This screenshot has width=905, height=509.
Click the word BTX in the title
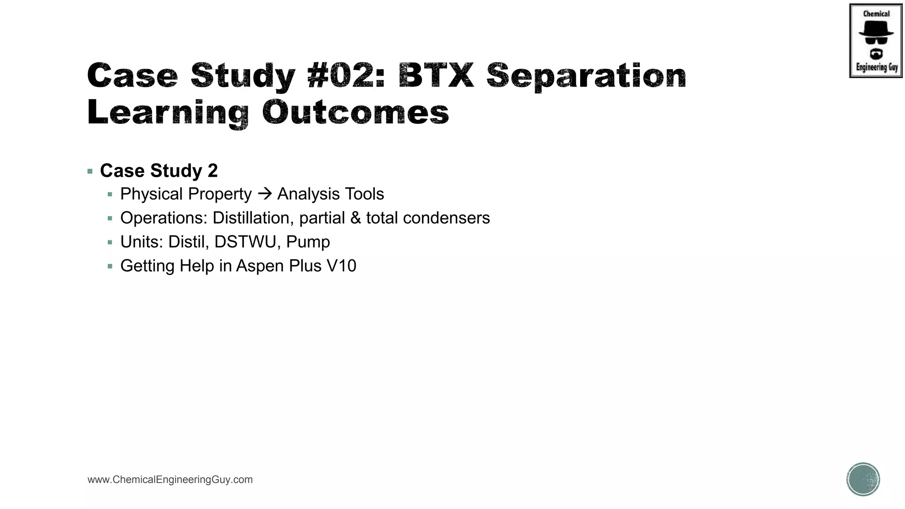click(436, 75)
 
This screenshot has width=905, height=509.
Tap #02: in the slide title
click(346, 75)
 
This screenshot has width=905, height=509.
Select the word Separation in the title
click(586, 76)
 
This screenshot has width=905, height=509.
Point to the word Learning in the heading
click(168, 113)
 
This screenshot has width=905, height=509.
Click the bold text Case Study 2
click(159, 171)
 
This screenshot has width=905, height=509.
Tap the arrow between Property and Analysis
click(264, 194)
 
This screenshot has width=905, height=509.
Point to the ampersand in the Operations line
click(355, 218)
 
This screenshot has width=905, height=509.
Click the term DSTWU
click(247, 242)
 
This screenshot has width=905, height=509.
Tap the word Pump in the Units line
click(308, 242)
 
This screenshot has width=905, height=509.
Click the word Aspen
click(260, 266)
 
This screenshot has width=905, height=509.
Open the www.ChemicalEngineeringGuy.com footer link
click(170, 479)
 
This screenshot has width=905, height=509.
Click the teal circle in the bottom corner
click(863, 479)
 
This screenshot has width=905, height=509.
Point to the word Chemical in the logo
click(876, 14)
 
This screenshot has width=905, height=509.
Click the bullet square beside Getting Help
click(110, 266)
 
